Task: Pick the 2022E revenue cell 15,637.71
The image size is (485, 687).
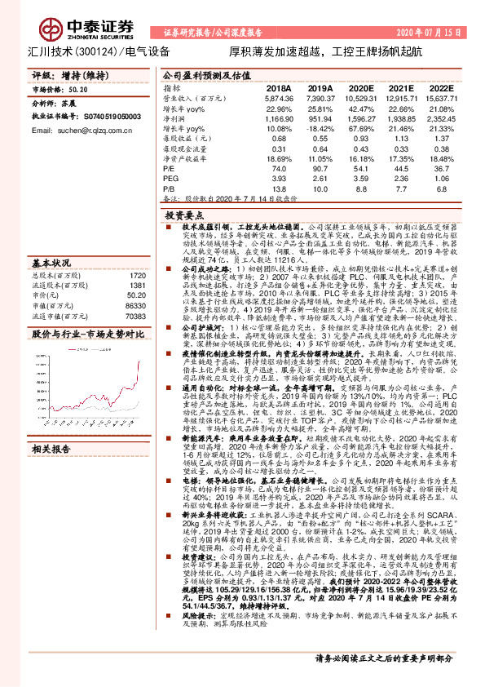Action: point(440,97)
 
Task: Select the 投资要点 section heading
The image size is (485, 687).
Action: point(183,213)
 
